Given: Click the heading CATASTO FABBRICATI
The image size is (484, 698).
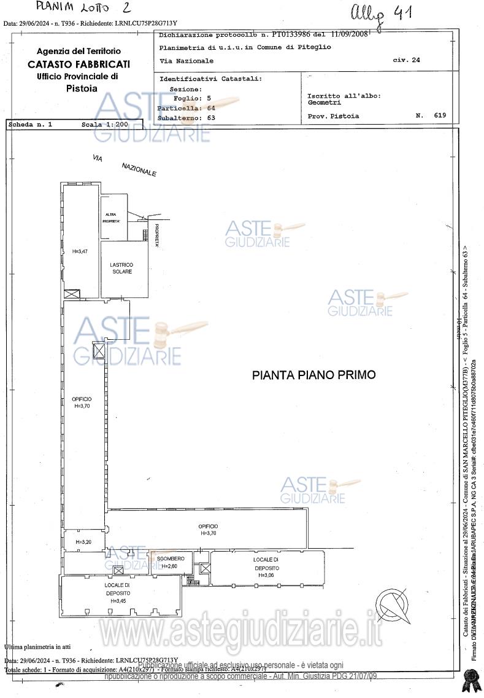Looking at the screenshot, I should click(79, 64).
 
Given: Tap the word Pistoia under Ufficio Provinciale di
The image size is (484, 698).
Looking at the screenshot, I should click(81, 88).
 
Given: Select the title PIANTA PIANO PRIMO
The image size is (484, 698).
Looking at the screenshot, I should click(313, 374).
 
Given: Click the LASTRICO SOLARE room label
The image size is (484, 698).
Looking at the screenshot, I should click(121, 268).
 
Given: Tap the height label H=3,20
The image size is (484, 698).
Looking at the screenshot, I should click(83, 542).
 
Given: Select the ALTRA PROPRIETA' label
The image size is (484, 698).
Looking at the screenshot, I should click(111, 217).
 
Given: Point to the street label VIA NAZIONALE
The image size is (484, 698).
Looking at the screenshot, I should click(125, 166).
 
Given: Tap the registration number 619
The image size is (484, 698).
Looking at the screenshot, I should click(439, 115).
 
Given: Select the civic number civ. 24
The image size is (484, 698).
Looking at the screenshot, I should click(406, 60).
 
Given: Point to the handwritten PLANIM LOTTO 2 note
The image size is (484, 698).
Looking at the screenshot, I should click(83, 7).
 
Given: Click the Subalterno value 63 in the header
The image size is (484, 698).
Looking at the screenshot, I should click(211, 117).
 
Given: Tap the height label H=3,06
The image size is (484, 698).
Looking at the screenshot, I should click(266, 575).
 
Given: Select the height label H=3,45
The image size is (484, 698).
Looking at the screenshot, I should click(118, 600).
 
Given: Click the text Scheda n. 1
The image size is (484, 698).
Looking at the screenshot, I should click(31, 124).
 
